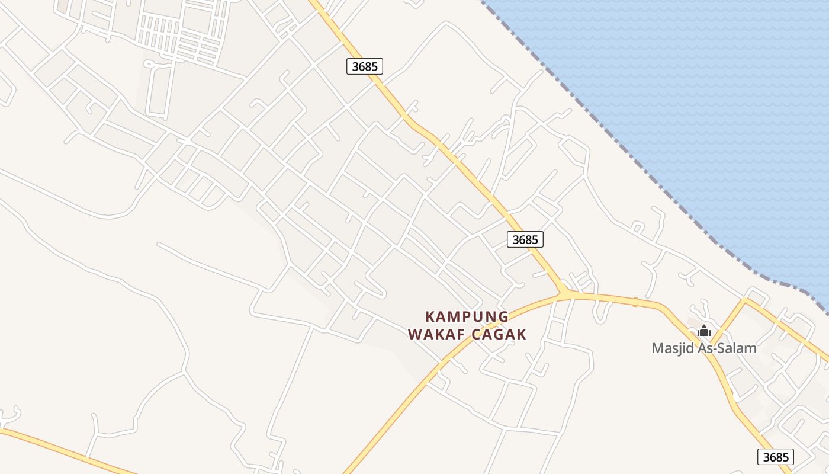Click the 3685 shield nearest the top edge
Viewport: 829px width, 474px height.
(x=365, y=66)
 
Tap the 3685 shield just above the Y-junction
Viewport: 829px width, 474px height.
(x=525, y=239)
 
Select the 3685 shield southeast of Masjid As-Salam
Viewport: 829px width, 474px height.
(x=776, y=457)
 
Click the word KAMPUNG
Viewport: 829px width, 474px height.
(x=467, y=316)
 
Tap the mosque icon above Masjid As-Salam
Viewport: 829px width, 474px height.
(x=704, y=331)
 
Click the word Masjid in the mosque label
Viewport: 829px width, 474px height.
(x=672, y=348)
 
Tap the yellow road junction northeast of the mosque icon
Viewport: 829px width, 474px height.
(x=744, y=301)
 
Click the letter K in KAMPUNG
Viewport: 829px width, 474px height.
(x=430, y=316)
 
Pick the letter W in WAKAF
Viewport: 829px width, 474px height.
(x=415, y=334)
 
